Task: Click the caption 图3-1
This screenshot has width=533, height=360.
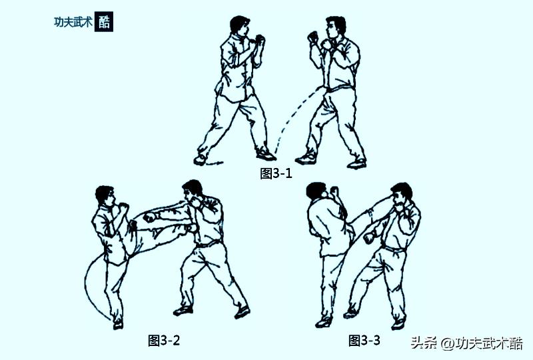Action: pyautogui.click(x=276, y=174)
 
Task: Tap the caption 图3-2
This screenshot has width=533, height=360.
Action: pyautogui.click(x=164, y=341)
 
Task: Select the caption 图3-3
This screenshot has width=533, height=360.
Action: pyautogui.click(x=364, y=341)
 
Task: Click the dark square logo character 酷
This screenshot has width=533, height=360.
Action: pyautogui.click(x=105, y=21)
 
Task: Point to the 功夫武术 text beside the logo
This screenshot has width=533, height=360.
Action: pyautogui.click(x=73, y=21)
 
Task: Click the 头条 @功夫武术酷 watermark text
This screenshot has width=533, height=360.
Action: pyautogui.click(x=466, y=344)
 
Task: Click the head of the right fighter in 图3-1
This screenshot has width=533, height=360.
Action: pyautogui.click(x=334, y=28)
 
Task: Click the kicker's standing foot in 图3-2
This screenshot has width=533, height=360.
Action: pyautogui.click(x=118, y=324)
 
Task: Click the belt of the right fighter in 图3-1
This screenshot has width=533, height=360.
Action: pyautogui.click(x=340, y=89)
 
